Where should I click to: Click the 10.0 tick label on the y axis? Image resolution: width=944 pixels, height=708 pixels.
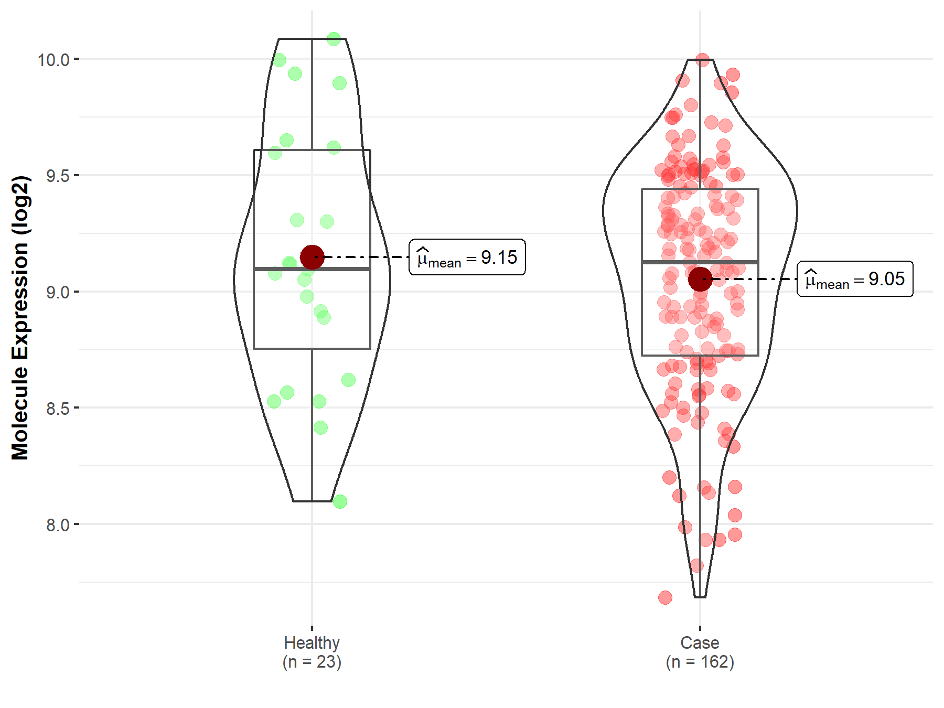[x=53, y=60]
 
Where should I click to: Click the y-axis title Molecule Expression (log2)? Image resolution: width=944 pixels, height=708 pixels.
[x=20, y=318]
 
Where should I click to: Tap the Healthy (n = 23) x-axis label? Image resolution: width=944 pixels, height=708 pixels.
[x=312, y=652]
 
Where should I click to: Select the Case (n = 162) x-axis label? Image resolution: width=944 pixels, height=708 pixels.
[x=700, y=652]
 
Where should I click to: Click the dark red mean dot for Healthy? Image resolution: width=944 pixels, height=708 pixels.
[x=312, y=257]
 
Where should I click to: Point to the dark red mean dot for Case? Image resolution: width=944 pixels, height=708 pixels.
[x=700, y=279]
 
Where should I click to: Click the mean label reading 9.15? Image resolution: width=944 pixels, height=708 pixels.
[x=467, y=258]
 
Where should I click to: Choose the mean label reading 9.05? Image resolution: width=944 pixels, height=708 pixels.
[x=855, y=279]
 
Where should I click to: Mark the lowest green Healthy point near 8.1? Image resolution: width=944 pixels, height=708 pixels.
[x=340, y=502]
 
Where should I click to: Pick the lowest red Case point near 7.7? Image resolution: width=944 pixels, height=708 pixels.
[x=665, y=597]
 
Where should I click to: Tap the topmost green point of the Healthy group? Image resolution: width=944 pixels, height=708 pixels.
[x=334, y=39]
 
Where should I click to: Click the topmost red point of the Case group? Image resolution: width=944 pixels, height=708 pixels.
[x=703, y=60]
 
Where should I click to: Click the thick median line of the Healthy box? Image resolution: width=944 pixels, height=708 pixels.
[x=341, y=269]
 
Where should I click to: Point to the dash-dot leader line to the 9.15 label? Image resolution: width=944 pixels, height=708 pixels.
[x=367, y=257]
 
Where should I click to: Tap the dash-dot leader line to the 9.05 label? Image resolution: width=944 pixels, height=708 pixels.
[x=755, y=279]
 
